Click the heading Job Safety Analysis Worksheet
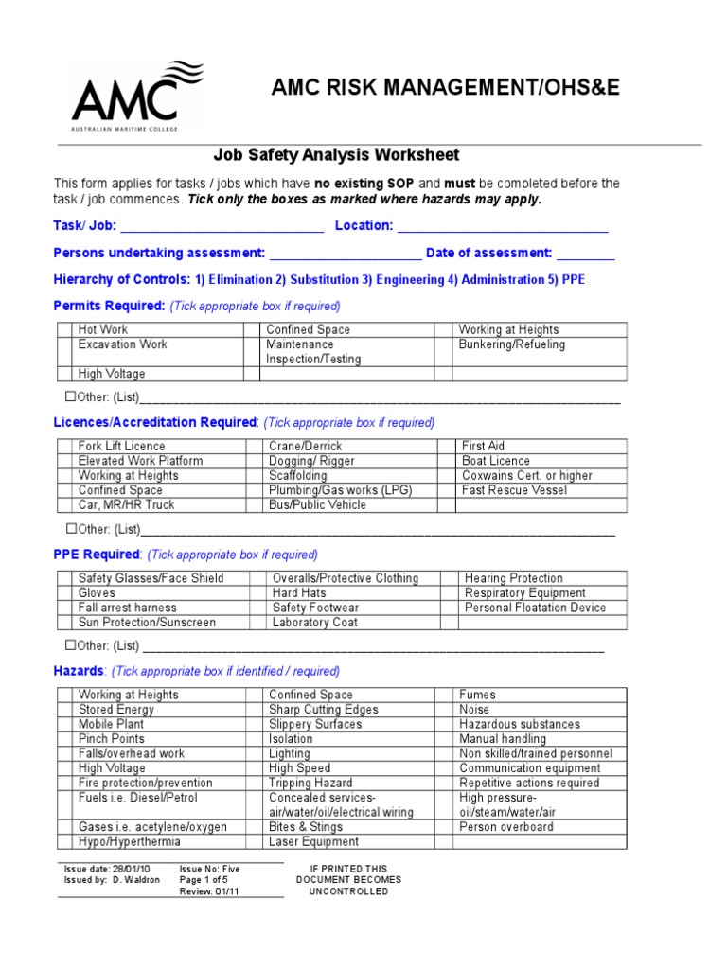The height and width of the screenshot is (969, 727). [336, 155]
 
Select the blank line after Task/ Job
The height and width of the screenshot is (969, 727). [222, 227]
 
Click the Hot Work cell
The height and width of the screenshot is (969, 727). [103, 329]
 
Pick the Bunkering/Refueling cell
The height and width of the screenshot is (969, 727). [512, 344]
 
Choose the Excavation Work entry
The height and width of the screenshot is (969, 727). [122, 344]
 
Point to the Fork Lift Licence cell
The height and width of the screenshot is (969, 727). [121, 446]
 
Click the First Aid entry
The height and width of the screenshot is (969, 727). [483, 446]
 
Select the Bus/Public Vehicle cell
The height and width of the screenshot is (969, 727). [317, 505]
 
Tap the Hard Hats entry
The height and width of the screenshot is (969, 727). [299, 593]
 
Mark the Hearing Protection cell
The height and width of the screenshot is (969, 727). [514, 578]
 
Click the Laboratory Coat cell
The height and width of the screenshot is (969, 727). [314, 623]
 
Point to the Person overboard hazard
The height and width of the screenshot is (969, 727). [506, 827]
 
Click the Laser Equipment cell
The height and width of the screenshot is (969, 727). [313, 842]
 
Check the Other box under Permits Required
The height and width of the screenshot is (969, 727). [71, 397]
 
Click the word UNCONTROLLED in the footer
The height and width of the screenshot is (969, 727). [348, 891]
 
